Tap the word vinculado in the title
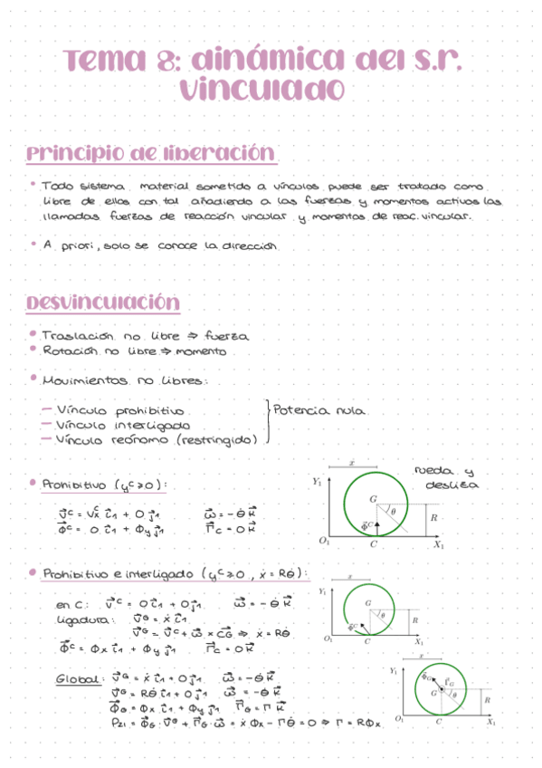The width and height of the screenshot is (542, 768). tap(261, 90)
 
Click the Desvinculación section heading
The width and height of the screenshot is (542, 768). tap(102, 302)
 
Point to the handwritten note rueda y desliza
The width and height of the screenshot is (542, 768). tap(444, 477)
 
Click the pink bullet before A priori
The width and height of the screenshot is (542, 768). tap(33, 245)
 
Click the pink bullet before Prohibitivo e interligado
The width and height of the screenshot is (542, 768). tap(33, 572)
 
